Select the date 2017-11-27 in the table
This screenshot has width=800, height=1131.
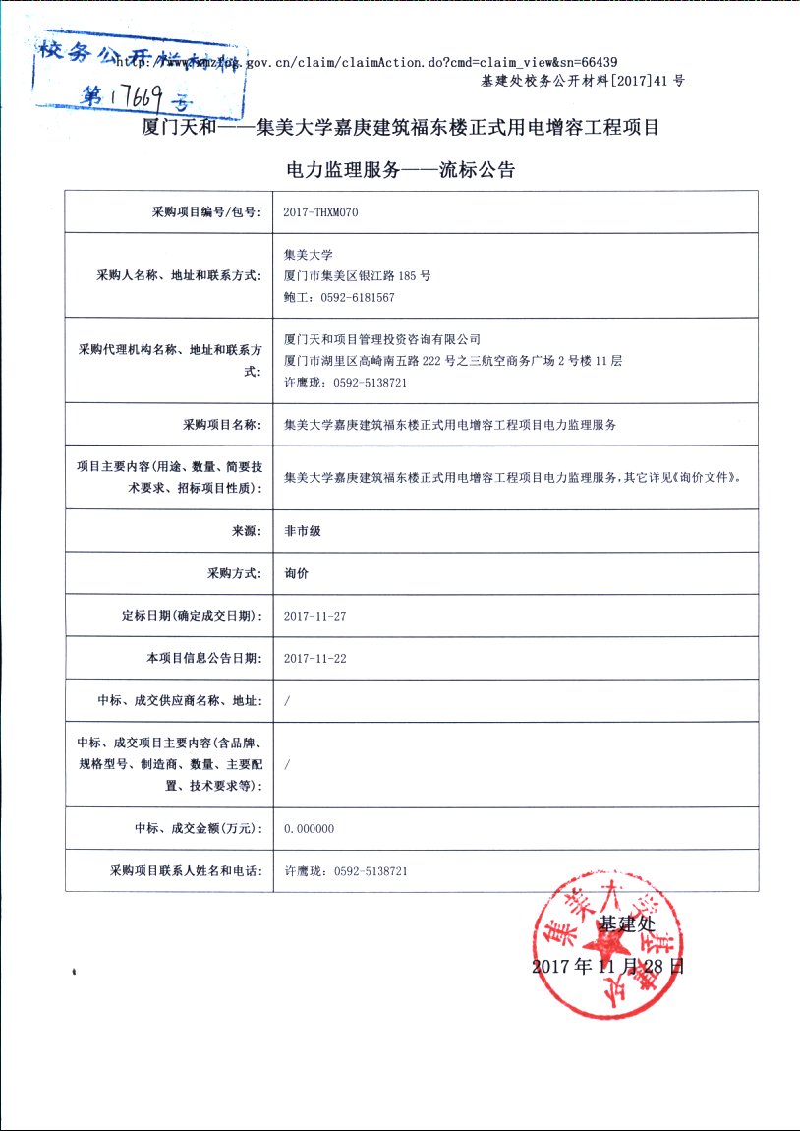[x=314, y=616]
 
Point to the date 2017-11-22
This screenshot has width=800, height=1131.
[x=314, y=658]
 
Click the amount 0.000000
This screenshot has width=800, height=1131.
[x=309, y=829]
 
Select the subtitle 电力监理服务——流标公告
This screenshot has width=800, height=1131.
[x=399, y=169]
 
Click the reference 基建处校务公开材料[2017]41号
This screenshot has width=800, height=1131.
[x=582, y=81]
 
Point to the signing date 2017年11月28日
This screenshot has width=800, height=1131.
[x=607, y=966]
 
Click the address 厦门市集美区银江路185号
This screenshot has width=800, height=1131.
[x=357, y=275]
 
